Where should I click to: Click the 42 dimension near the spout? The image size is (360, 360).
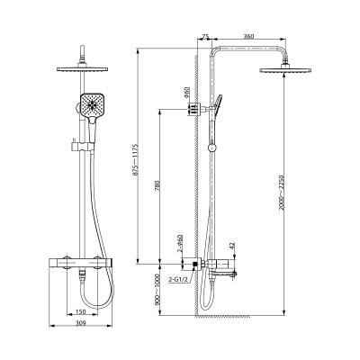pos(231,245)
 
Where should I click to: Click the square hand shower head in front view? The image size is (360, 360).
pos(96,106)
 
